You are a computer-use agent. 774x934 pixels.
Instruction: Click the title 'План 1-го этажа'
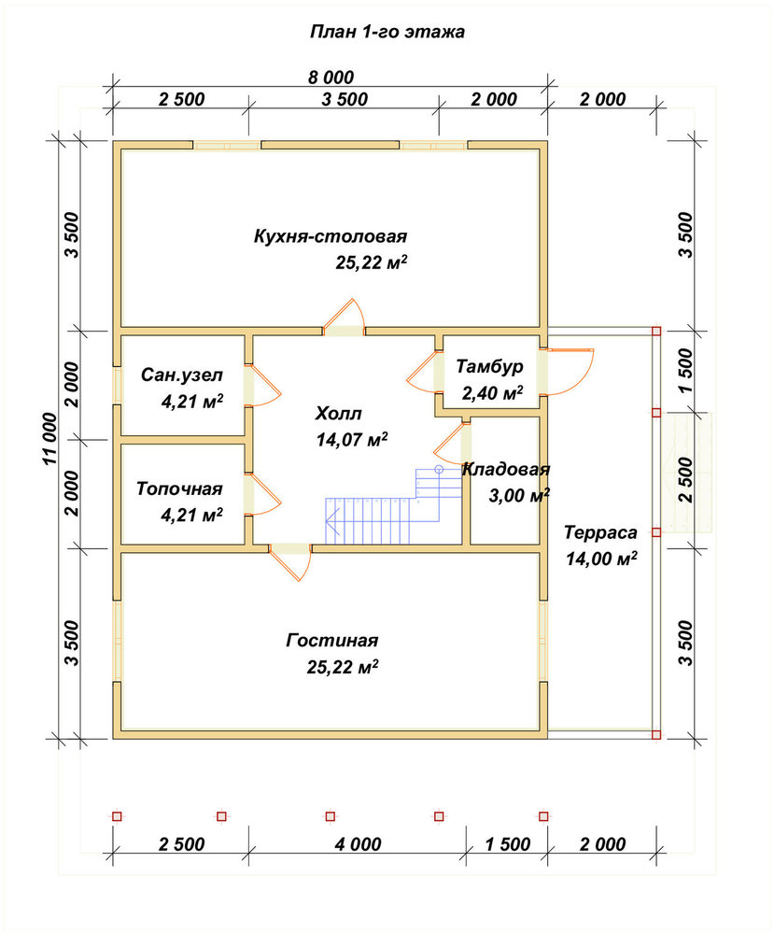pos(387,32)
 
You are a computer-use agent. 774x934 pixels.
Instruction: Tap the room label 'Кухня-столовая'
pos(331,236)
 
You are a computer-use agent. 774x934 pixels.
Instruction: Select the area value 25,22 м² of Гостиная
pos(343,667)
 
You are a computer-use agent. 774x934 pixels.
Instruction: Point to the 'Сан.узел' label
pos(181,375)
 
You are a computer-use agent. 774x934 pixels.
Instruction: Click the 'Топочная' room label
pos(179,489)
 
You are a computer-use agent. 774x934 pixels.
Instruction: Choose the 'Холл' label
pos(338,414)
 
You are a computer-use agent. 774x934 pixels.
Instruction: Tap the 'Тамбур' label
pos(489,366)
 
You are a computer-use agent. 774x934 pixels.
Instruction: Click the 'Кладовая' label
pos(506,470)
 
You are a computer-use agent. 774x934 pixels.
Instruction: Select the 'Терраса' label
pos(600,532)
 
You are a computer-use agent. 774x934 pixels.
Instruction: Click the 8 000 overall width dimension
pos(331,78)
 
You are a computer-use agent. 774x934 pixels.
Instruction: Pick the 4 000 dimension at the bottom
pos(358,844)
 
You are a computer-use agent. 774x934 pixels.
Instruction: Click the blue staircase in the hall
pos(394,506)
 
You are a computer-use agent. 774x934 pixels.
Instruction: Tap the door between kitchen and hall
pos(345,318)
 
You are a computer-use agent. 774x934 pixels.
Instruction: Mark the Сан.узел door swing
pos(262,386)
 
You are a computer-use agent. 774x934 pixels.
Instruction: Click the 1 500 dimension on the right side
pos(686,371)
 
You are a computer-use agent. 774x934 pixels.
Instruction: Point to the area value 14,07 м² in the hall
pos(353,440)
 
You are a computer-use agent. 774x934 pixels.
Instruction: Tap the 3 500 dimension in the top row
pos(345,100)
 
